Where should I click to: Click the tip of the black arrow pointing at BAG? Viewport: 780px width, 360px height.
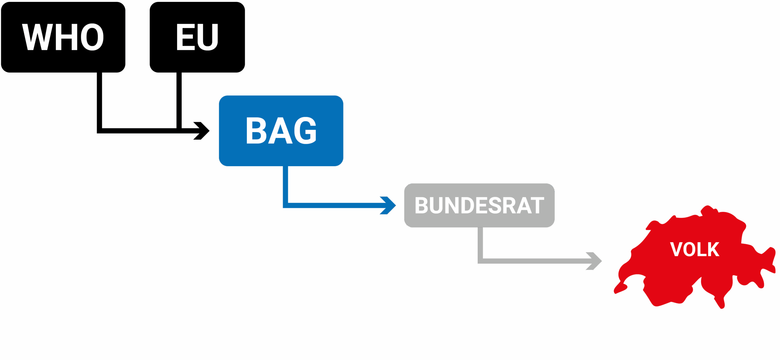[x=209, y=131]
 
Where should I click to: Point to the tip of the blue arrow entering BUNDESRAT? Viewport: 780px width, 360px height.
[x=396, y=205]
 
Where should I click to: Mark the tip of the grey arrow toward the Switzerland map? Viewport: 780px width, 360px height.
[x=602, y=261]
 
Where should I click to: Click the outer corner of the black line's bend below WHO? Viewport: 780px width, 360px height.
[x=97, y=133]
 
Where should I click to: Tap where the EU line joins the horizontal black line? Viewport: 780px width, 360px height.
[x=179, y=131]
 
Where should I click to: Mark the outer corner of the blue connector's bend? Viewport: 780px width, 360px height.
[x=283, y=208]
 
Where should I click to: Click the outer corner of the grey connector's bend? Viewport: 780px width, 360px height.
[x=478, y=263]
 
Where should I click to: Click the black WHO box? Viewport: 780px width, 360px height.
[x=63, y=37]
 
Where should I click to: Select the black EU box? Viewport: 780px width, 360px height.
[x=197, y=37]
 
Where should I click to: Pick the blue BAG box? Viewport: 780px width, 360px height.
[x=281, y=131]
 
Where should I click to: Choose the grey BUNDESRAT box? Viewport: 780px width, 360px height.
[x=479, y=205]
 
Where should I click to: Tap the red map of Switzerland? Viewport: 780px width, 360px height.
[x=695, y=258]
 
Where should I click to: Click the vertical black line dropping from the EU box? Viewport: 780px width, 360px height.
[x=179, y=100]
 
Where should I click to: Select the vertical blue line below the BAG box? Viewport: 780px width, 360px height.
[x=285, y=184]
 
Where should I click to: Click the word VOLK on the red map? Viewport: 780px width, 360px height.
[x=695, y=249]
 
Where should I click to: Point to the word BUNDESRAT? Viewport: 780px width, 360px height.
[x=479, y=205]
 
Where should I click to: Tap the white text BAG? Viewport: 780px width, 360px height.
[x=281, y=130]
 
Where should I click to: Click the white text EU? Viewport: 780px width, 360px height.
[x=197, y=37]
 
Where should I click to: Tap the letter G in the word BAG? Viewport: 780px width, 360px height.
[x=305, y=130]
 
